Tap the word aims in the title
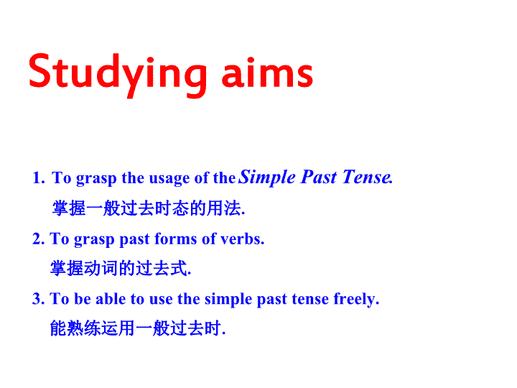267,73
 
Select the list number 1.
38,178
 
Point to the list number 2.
38,239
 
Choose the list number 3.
38,299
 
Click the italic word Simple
267,178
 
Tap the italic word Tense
368,177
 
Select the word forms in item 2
175,239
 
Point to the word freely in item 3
356,300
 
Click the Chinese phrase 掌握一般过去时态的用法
149,208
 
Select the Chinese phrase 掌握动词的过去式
121,268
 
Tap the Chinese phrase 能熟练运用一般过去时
138,328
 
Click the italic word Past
319,177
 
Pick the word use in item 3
161,300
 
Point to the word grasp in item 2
94,240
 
